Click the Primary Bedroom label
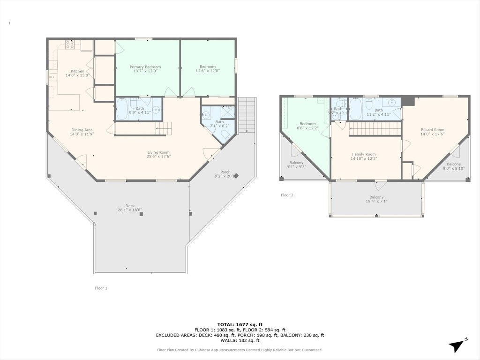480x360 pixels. [145, 67]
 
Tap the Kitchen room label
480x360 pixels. [77, 71]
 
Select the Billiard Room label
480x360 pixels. [432, 130]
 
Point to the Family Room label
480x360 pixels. [364, 154]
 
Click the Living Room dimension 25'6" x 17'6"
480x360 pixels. [158, 157]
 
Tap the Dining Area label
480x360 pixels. [82, 130]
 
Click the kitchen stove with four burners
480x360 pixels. [70, 45]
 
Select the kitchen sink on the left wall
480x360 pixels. [52, 76]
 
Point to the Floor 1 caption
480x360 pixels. [101, 288]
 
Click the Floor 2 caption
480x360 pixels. [287, 195]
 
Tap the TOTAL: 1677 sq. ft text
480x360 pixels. [240, 324]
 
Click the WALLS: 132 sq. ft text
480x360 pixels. [240, 340]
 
